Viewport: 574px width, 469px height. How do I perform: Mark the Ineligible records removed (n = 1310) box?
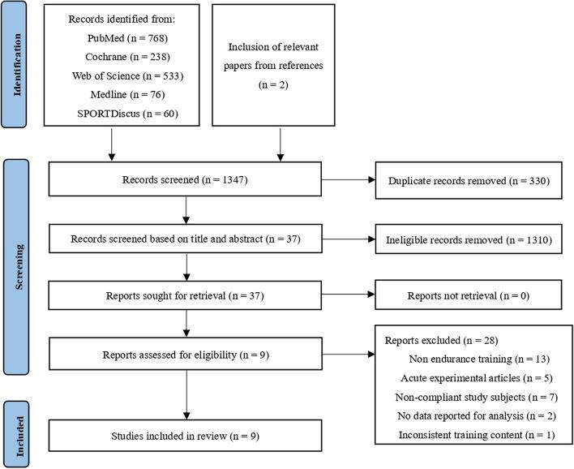[x=468, y=241]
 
